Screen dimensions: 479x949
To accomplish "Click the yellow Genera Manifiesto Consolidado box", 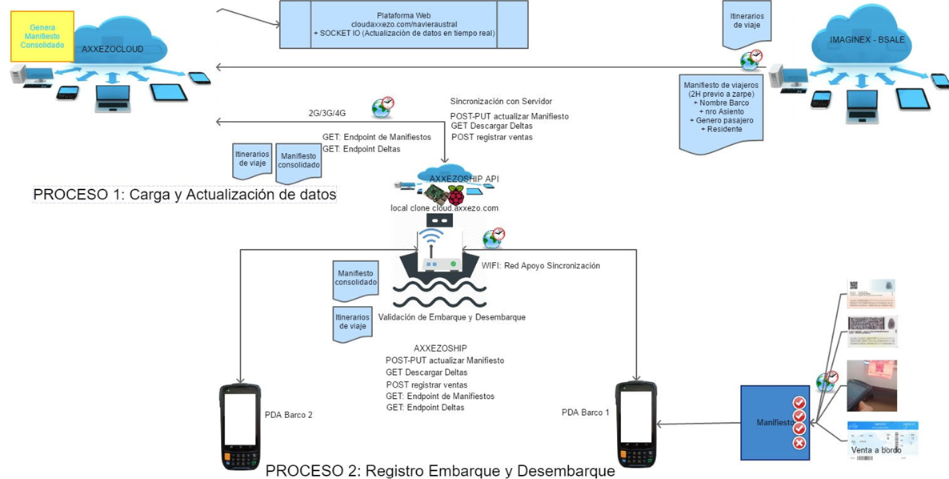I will tap(42, 36).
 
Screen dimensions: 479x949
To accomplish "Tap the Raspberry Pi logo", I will tap(455, 195).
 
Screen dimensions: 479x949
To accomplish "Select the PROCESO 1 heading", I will tap(184, 195).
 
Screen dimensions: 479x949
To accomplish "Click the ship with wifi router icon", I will tap(438, 256).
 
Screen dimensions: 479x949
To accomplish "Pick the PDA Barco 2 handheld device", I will tap(240, 425).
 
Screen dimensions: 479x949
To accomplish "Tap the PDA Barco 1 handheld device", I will tap(637, 425).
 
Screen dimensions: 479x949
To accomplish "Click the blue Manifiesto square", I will tap(770, 422).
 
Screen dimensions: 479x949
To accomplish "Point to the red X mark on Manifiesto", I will tap(799, 442).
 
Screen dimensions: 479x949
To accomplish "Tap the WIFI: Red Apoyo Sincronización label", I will tap(541, 266).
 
